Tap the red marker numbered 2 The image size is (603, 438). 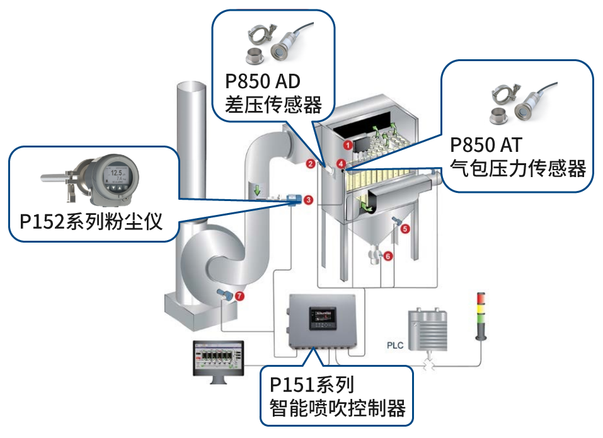tap(310, 165)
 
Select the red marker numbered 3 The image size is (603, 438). tap(308, 200)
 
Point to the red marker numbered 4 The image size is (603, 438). tap(341, 163)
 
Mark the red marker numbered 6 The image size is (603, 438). tap(388, 256)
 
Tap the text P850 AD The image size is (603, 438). tap(263, 82)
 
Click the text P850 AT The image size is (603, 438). tap(486, 145)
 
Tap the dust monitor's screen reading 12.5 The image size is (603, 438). tap(117, 175)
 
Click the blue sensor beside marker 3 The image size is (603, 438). tap(291, 200)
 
